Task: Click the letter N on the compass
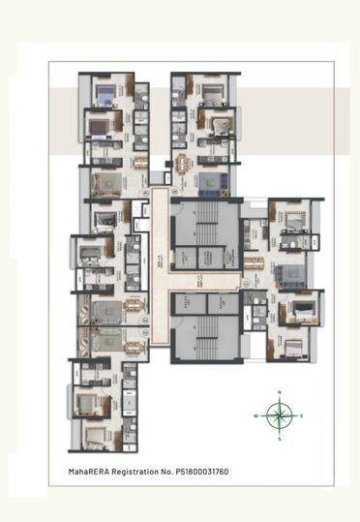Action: click(x=280, y=391)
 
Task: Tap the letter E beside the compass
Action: click(x=302, y=415)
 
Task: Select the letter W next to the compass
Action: click(x=256, y=415)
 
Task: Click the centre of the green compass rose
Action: click(x=280, y=415)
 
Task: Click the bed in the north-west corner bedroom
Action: click(x=103, y=94)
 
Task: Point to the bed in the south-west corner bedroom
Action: click(x=96, y=435)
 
